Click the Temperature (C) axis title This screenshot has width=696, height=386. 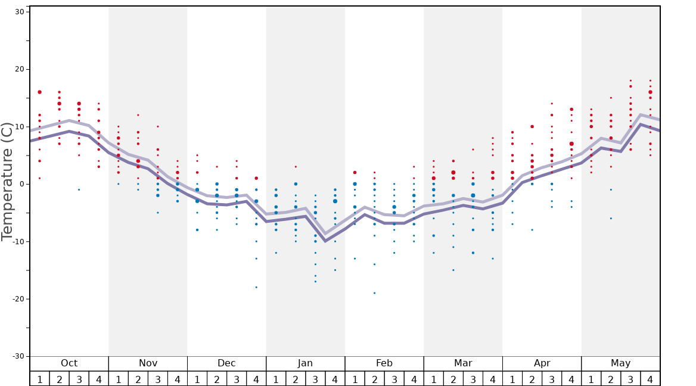pyautogui.click(x=7, y=182)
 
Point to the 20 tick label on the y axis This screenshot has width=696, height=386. pyautogui.click(x=19, y=69)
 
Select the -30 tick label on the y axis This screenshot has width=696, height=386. pyautogui.click(x=17, y=356)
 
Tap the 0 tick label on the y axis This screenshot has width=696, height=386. pyautogui.click(x=22, y=184)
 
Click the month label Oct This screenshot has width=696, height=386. pyautogui.click(x=69, y=363)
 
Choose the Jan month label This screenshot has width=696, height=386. pyautogui.click(x=305, y=363)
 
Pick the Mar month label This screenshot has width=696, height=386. pyautogui.click(x=463, y=363)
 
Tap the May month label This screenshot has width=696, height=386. pyautogui.click(x=620, y=363)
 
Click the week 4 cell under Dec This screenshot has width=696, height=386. pyautogui.click(x=256, y=379)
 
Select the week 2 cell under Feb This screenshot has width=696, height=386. pyautogui.click(x=374, y=379)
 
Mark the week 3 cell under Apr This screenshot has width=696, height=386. pyautogui.click(x=552, y=379)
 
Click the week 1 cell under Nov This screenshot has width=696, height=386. pyautogui.click(x=118, y=379)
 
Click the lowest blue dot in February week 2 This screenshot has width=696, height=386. pyautogui.click(x=374, y=293)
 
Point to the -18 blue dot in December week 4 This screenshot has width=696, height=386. pyautogui.click(x=256, y=287)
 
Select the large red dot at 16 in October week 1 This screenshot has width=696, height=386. pyautogui.click(x=39, y=92)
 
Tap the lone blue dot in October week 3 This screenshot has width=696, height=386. pyautogui.click(x=79, y=189)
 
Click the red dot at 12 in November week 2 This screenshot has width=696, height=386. pyautogui.click(x=138, y=115)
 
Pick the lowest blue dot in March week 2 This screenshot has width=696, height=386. pyautogui.click(x=453, y=270)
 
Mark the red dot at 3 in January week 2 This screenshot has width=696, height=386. pyautogui.click(x=296, y=167)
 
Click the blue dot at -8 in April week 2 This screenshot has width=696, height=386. pyautogui.click(x=532, y=230)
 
